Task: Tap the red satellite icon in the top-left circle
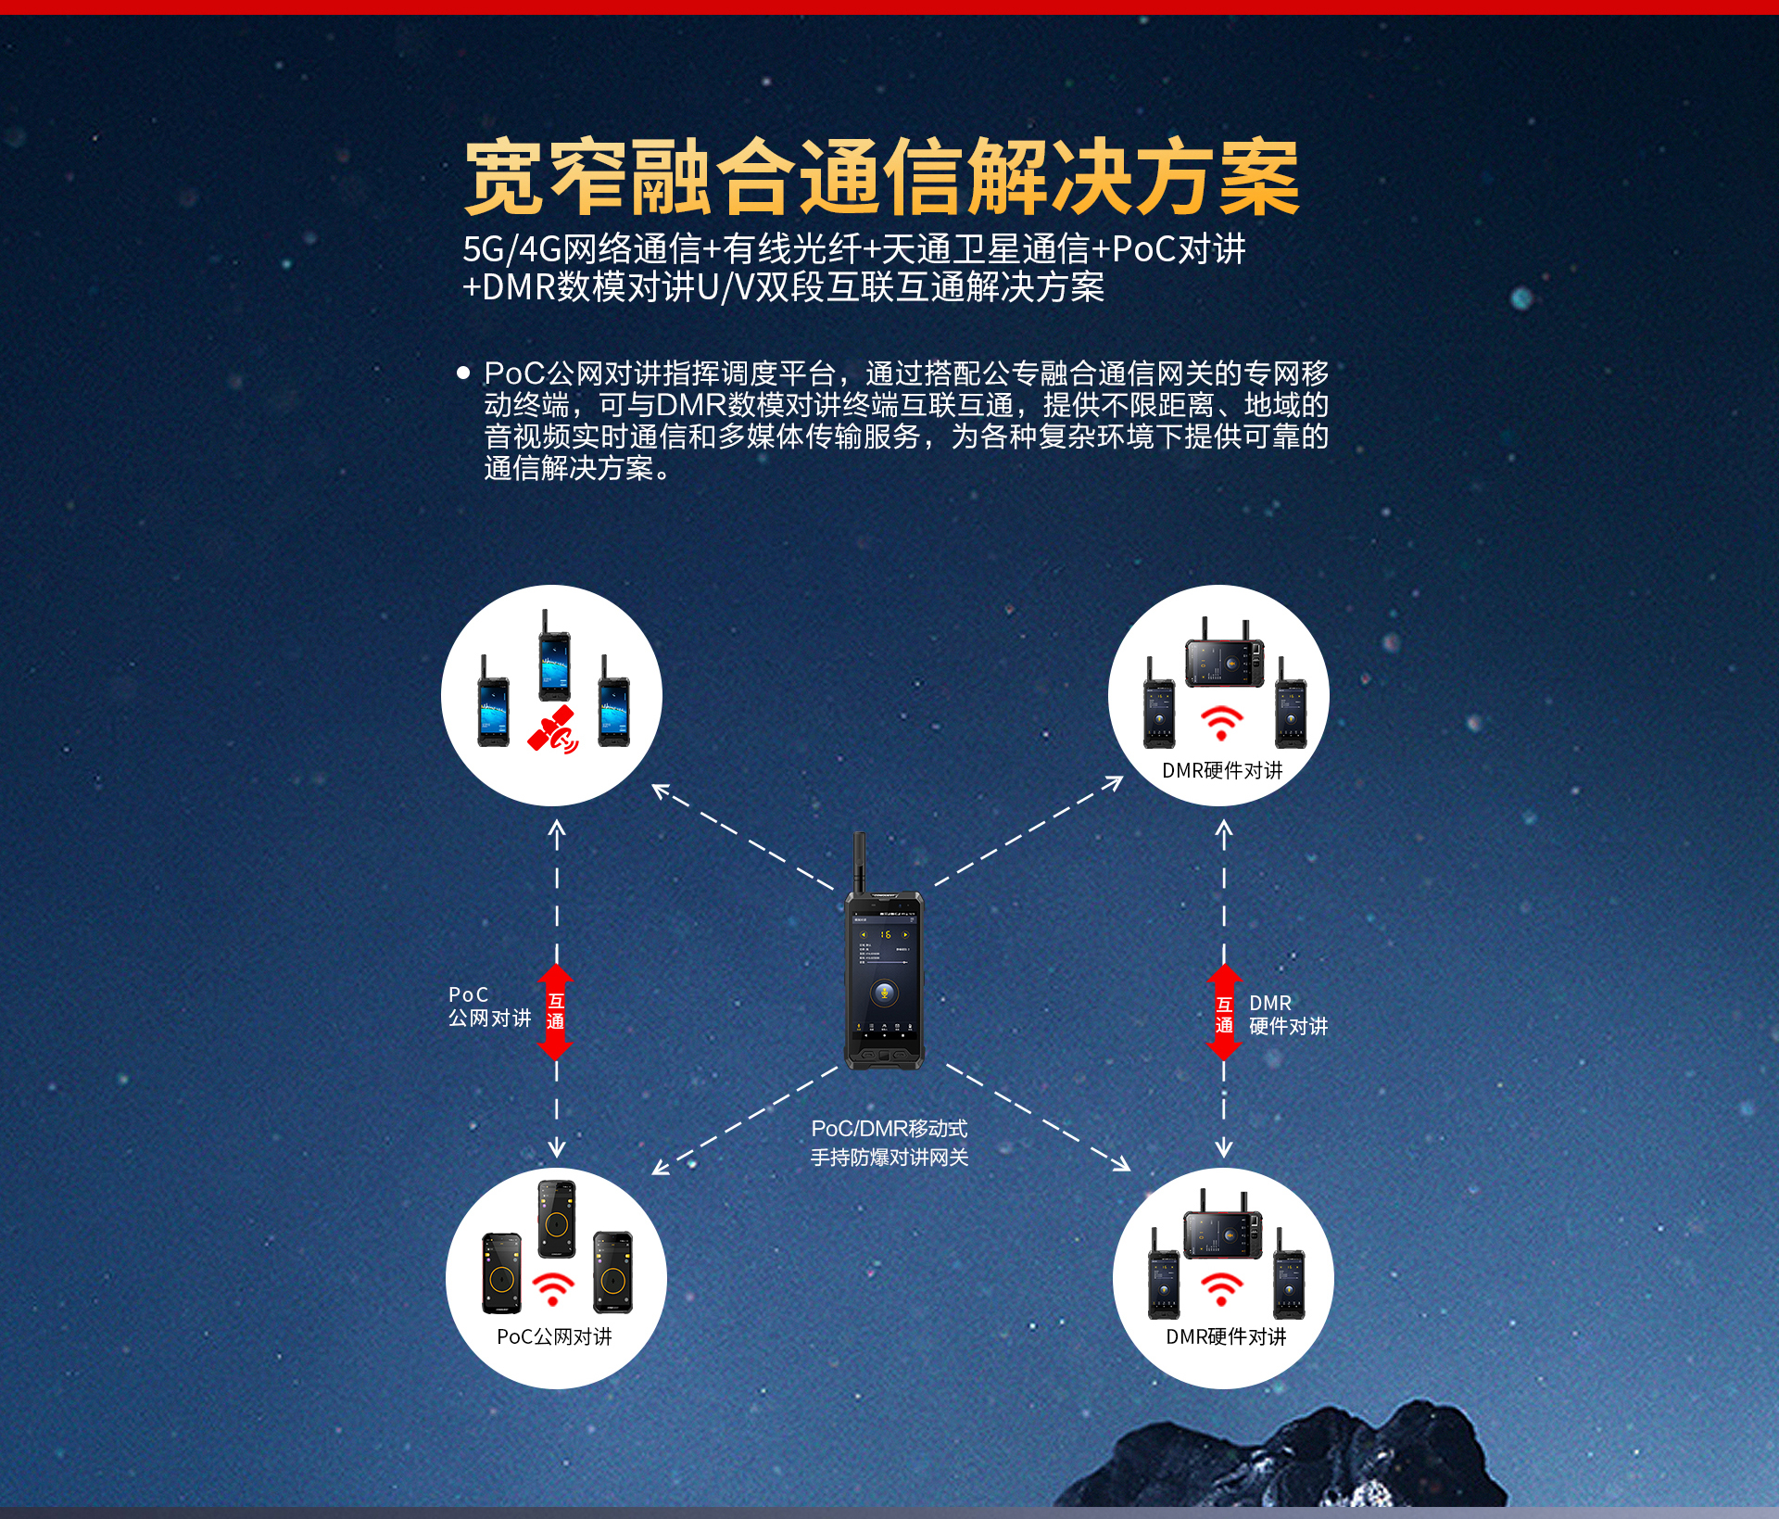point(553,729)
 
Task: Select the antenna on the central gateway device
point(859,862)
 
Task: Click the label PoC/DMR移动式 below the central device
point(889,1128)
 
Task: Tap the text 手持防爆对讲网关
point(889,1157)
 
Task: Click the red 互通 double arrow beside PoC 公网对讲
point(555,1012)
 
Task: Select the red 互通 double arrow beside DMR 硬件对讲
point(1224,1012)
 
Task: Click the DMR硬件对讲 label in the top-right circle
point(1222,770)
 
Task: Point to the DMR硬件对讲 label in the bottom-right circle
point(1226,1336)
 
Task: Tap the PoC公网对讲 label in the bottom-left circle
point(554,1336)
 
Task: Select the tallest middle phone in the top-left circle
point(554,655)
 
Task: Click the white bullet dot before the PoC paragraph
point(463,373)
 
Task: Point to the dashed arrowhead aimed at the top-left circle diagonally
point(661,791)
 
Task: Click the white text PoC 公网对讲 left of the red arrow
point(489,1006)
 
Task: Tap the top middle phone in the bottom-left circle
point(557,1219)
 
